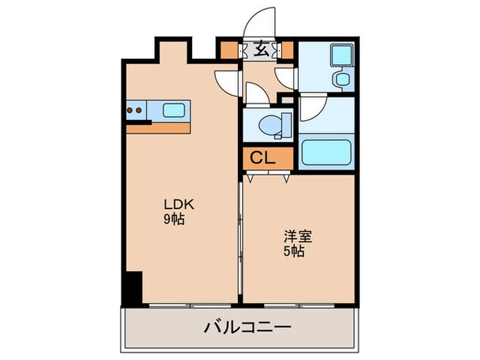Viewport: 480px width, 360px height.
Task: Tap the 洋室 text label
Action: (298, 237)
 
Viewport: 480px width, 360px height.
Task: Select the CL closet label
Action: (262, 157)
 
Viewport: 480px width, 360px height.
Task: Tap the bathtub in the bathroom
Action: (327, 151)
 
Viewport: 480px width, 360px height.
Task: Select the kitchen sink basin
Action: (173, 110)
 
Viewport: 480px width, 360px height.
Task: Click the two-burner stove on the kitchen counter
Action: (135, 110)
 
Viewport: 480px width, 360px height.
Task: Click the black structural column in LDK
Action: (132, 287)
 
